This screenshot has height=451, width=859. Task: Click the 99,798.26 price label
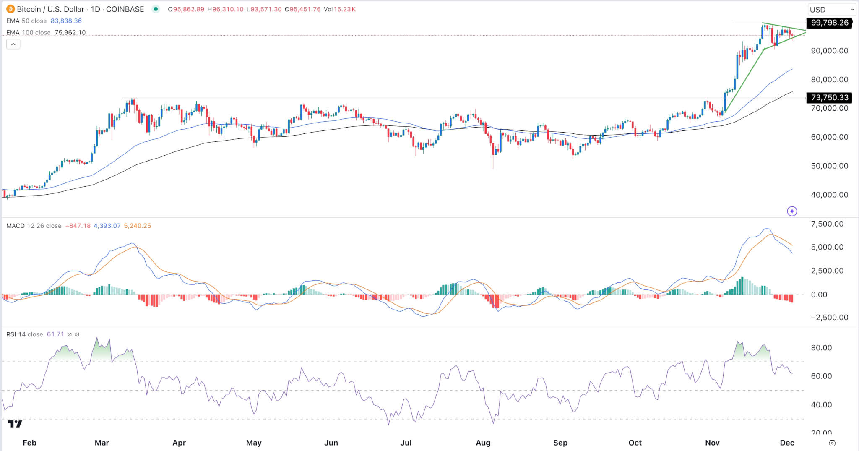click(829, 23)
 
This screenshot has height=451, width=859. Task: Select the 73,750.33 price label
click(829, 98)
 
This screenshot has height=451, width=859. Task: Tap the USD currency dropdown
click(832, 9)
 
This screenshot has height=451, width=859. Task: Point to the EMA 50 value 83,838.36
click(66, 21)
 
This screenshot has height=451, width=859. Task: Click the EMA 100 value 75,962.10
click(70, 33)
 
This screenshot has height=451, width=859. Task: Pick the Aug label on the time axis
click(483, 443)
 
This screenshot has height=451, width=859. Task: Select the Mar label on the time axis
click(102, 443)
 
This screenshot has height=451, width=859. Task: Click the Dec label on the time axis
click(787, 443)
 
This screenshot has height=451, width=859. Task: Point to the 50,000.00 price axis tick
click(829, 166)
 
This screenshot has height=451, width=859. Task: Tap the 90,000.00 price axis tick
click(829, 51)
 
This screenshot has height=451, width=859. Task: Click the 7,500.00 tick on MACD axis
click(827, 224)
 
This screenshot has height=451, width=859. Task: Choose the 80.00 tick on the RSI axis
click(821, 348)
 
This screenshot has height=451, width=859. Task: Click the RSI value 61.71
click(55, 334)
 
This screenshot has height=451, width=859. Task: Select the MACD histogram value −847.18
click(78, 226)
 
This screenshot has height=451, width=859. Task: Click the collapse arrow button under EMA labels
click(13, 44)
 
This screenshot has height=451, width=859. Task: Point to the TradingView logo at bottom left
click(15, 423)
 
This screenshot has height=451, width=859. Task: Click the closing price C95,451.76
click(302, 9)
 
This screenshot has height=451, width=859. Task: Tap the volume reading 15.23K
click(344, 9)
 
